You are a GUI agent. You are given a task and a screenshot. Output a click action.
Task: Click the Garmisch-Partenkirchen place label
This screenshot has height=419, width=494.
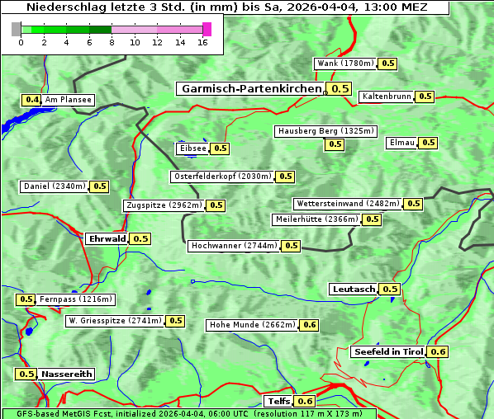(x=250, y=88)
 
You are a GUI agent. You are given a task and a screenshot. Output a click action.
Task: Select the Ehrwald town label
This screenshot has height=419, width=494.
(x=107, y=238)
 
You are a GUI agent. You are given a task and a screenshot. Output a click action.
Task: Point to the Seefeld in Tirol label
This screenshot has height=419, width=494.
(x=388, y=352)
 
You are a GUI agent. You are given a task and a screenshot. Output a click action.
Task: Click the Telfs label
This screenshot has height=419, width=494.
(x=278, y=401)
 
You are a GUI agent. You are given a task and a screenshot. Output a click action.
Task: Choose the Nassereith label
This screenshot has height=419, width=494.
(x=66, y=374)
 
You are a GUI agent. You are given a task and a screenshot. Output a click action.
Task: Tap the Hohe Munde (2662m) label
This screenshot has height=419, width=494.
(x=252, y=325)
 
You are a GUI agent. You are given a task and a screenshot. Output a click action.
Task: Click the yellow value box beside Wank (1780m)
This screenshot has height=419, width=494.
(x=388, y=64)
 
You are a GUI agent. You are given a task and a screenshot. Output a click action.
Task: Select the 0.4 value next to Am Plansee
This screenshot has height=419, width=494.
(x=31, y=100)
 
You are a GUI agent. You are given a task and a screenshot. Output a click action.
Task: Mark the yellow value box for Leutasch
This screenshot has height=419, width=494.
(x=390, y=289)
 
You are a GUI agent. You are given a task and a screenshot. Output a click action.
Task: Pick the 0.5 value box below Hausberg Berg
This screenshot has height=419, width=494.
(x=335, y=144)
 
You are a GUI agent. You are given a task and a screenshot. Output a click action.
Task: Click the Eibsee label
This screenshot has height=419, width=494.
(x=192, y=148)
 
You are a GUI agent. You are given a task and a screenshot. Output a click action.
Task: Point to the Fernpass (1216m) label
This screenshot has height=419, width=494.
(x=77, y=299)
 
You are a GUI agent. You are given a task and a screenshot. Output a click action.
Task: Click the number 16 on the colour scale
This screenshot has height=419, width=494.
(x=203, y=43)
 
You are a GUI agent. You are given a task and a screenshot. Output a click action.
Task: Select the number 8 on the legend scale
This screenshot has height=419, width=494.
(x=112, y=43)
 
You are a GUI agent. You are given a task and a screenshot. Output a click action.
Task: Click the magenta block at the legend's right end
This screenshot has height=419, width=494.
(x=207, y=29)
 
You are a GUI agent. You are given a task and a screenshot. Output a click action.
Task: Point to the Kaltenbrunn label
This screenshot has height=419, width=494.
(x=387, y=97)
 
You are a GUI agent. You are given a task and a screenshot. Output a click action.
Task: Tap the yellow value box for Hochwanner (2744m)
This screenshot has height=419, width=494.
(x=291, y=246)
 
